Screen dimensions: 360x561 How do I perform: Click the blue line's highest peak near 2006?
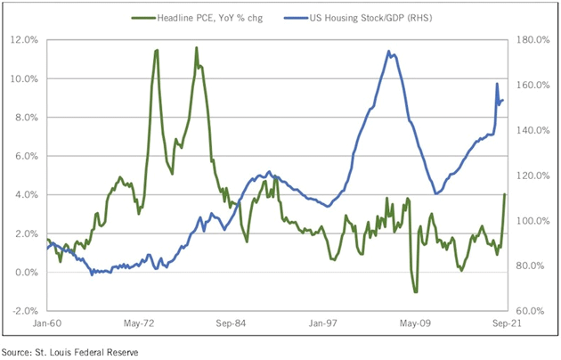pyautogui.click(x=389, y=52)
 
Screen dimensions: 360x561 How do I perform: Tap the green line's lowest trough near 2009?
pyautogui.click(x=415, y=291)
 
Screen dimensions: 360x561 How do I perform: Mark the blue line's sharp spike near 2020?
pyautogui.click(x=496, y=84)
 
